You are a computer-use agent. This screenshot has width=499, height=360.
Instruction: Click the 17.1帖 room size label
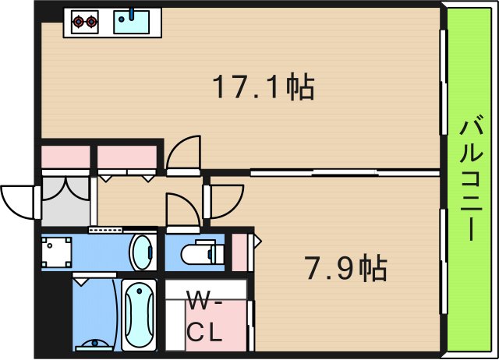click(264, 86)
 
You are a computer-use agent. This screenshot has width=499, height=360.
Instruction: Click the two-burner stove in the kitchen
click(85, 21)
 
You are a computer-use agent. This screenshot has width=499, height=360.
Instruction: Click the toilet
click(197, 253)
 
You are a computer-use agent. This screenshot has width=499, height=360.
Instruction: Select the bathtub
click(139, 315)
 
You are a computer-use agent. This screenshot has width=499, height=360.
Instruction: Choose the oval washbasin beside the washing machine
click(142, 252)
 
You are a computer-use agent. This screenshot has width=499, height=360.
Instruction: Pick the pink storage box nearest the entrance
click(65, 157)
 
